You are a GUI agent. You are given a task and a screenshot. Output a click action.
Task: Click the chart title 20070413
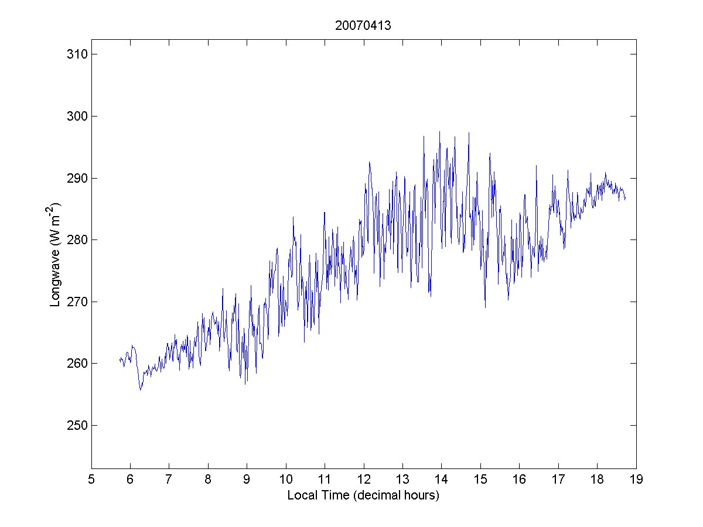(363, 26)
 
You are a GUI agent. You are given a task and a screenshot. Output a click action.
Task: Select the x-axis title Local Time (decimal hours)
(363, 495)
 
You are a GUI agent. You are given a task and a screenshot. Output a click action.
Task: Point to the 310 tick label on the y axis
(76, 54)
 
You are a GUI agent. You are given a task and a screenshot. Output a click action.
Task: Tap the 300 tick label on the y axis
(76, 117)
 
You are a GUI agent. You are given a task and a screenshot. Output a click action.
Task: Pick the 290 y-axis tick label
(76, 178)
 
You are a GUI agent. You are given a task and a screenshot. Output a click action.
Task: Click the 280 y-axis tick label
(76, 240)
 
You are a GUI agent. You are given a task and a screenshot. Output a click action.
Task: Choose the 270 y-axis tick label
(76, 302)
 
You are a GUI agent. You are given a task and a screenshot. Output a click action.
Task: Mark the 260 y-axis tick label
(76, 364)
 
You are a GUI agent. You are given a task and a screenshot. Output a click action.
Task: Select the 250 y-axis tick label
(76, 426)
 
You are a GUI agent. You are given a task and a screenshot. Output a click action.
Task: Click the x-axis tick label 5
(91, 480)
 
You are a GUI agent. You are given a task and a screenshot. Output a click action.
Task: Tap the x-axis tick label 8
(208, 480)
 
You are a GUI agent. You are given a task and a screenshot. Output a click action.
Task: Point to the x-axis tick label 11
(325, 480)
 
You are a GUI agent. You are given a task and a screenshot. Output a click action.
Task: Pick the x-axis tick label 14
(441, 480)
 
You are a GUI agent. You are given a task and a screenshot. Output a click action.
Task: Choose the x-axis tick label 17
(558, 480)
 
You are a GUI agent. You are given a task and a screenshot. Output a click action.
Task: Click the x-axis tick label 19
(636, 480)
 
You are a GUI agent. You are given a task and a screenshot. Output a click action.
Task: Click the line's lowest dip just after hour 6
(141, 390)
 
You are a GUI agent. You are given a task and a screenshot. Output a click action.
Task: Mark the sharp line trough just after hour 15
(485, 307)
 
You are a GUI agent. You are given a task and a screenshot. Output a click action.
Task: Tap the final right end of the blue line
(625, 199)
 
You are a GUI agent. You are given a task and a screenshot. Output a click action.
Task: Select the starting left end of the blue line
(120, 359)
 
